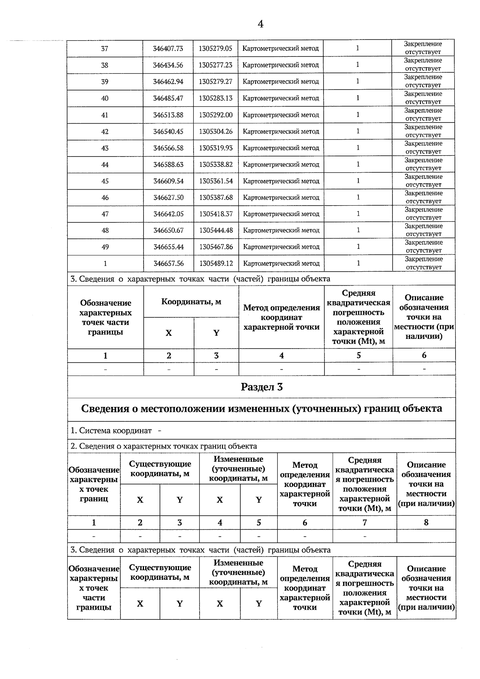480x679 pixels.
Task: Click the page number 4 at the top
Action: [260, 24]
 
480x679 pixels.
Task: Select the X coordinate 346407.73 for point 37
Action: [168, 48]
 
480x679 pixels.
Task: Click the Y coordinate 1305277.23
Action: [215, 65]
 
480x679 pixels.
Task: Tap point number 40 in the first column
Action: [105, 98]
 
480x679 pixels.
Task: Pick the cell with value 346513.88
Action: [168, 115]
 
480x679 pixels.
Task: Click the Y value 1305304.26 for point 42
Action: [216, 132]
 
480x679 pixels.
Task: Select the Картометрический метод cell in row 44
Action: [281, 164]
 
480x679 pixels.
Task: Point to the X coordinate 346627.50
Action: [168, 198]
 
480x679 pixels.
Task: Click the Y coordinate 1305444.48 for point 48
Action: [216, 230]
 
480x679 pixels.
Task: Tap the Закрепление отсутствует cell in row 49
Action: [424, 246]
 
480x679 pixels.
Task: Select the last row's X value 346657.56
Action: [168, 263]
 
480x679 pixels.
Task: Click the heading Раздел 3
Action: [262, 387]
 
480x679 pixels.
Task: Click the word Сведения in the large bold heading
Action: [105, 409]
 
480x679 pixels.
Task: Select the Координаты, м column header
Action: [191, 302]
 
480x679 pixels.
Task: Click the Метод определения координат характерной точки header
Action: [282, 317]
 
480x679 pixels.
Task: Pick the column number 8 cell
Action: [426, 523]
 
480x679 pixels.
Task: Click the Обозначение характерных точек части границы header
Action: [105, 317]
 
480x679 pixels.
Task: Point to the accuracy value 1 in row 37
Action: [357, 48]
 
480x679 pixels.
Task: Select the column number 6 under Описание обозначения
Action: [424, 355]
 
